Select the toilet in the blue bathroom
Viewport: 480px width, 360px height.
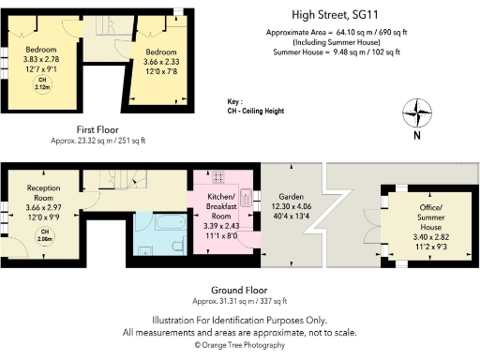[x=177, y=245]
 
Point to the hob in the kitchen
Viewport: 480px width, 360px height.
[x=216, y=176]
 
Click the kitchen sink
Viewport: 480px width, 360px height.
[x=246, y=197]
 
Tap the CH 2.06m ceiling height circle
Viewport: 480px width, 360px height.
[x=44, y=235]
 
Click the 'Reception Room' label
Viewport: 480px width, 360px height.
[x=44, y=193]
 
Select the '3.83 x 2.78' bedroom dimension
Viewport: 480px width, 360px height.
[x=40, y=59]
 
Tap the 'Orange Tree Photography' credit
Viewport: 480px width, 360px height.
[x=238, y=345]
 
